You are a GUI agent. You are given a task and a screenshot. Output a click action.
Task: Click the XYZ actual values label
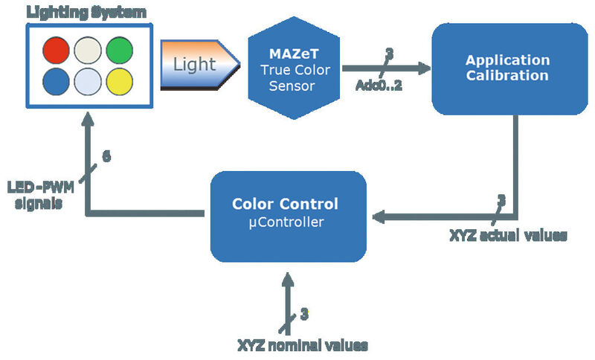(508, 236)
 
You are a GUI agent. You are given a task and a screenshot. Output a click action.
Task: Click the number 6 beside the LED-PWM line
(106, 158)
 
